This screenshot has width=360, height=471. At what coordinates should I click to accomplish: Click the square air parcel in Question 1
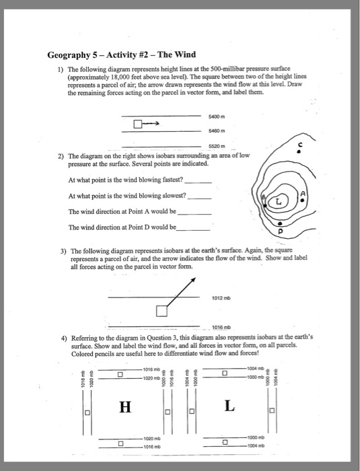[137, 124]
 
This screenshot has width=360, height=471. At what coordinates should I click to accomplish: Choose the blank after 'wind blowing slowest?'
[201, 197]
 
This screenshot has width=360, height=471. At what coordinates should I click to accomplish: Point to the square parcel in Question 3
[161, 311]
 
